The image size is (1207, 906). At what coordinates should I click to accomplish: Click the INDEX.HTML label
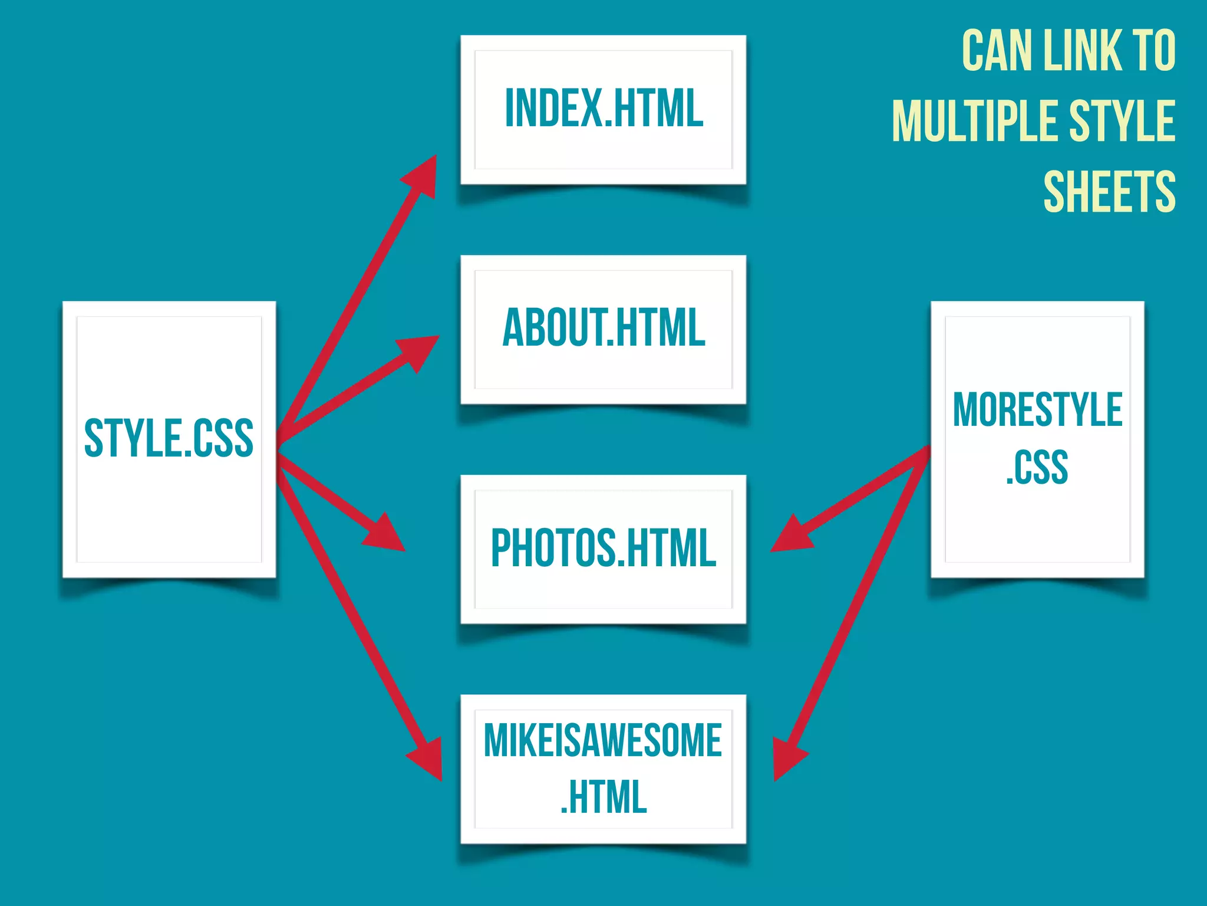tap(604, 108)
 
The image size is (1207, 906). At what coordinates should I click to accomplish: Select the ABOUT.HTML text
tap(604, 328)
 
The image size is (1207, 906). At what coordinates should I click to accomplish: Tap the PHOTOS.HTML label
tap(603, 548)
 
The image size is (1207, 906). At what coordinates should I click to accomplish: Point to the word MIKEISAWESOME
tap(603, 740)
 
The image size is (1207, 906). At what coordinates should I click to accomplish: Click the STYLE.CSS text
tap(169, 438)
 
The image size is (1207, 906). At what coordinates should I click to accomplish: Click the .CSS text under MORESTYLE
tap(1037, 467)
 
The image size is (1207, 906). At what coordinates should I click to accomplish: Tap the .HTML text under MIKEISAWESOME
tap(603, 797)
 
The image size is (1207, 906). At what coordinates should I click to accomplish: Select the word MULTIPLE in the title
tap(975, 121)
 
